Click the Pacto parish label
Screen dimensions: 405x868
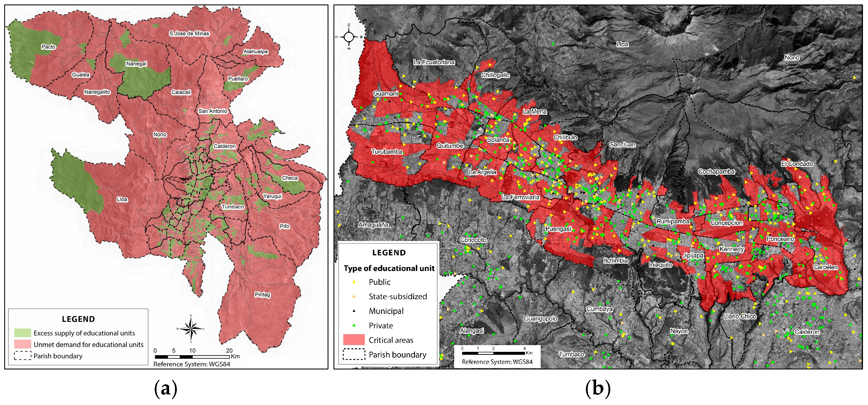48,47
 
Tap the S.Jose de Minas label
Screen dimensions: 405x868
189,34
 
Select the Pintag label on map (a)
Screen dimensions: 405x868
262,295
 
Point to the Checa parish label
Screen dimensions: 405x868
290,178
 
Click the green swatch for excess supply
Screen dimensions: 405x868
23,333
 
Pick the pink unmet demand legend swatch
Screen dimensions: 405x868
23,344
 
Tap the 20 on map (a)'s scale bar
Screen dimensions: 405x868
229,350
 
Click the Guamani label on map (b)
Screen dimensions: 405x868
385,93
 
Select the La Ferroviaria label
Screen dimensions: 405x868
520,197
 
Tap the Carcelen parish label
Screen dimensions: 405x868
825,267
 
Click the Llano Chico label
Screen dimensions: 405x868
740,316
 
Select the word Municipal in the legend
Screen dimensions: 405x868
386,311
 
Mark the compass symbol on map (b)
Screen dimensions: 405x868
349,37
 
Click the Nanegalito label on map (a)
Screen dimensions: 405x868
97,92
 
